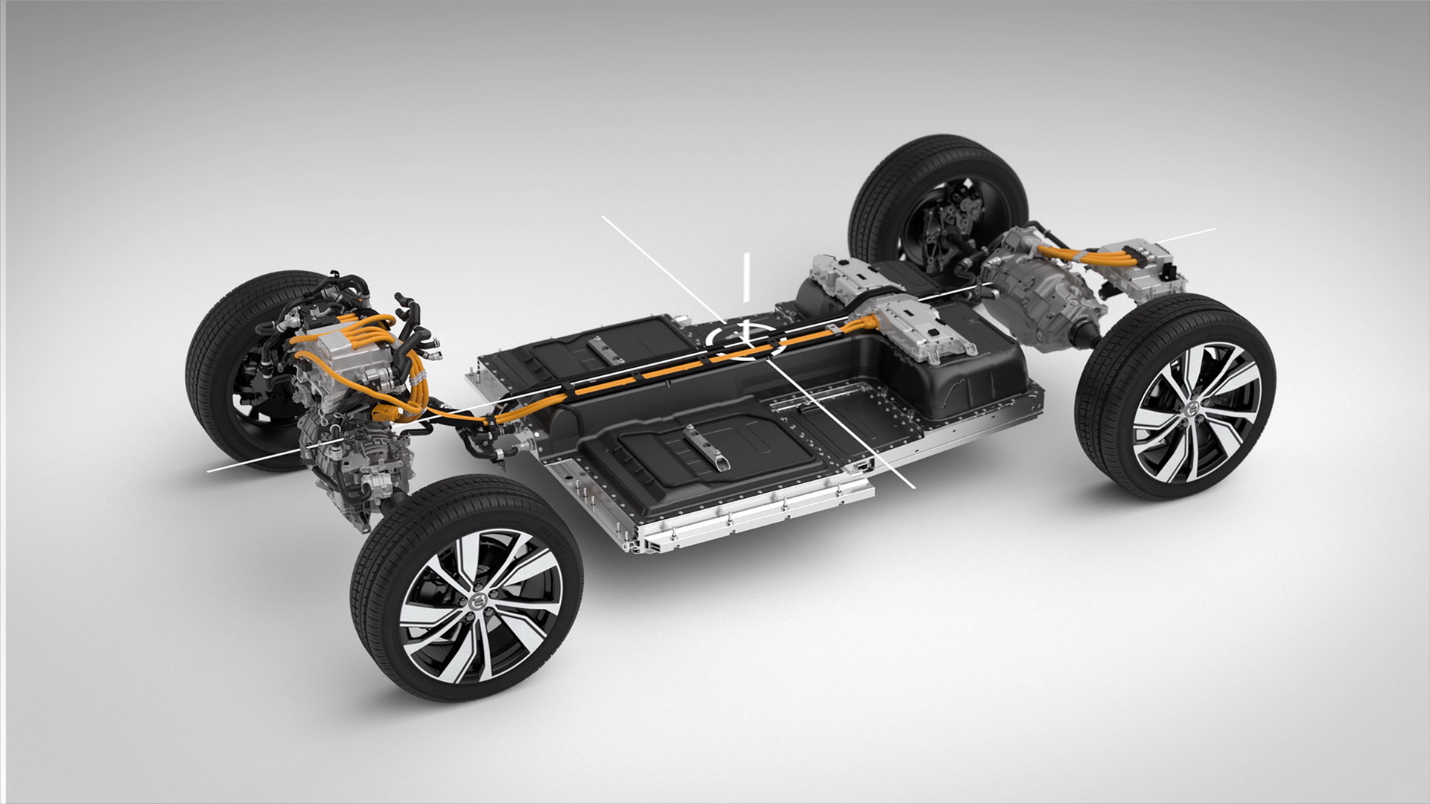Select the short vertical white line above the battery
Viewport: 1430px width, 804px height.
click(745, 276)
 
